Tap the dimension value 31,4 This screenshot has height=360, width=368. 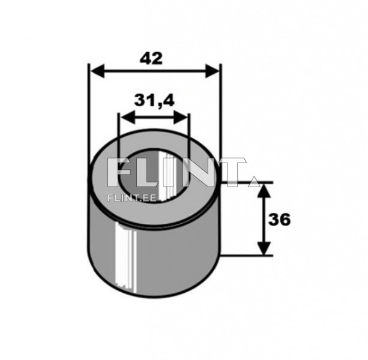tap(154, 100)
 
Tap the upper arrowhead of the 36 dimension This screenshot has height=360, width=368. tap(263, 190)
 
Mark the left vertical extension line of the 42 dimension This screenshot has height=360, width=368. tap(88, 114)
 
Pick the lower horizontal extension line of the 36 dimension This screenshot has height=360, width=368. tap(246, 255)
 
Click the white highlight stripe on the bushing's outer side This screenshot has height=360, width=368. tap(122, 255)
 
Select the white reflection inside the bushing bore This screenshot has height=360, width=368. tap(167, 174)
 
